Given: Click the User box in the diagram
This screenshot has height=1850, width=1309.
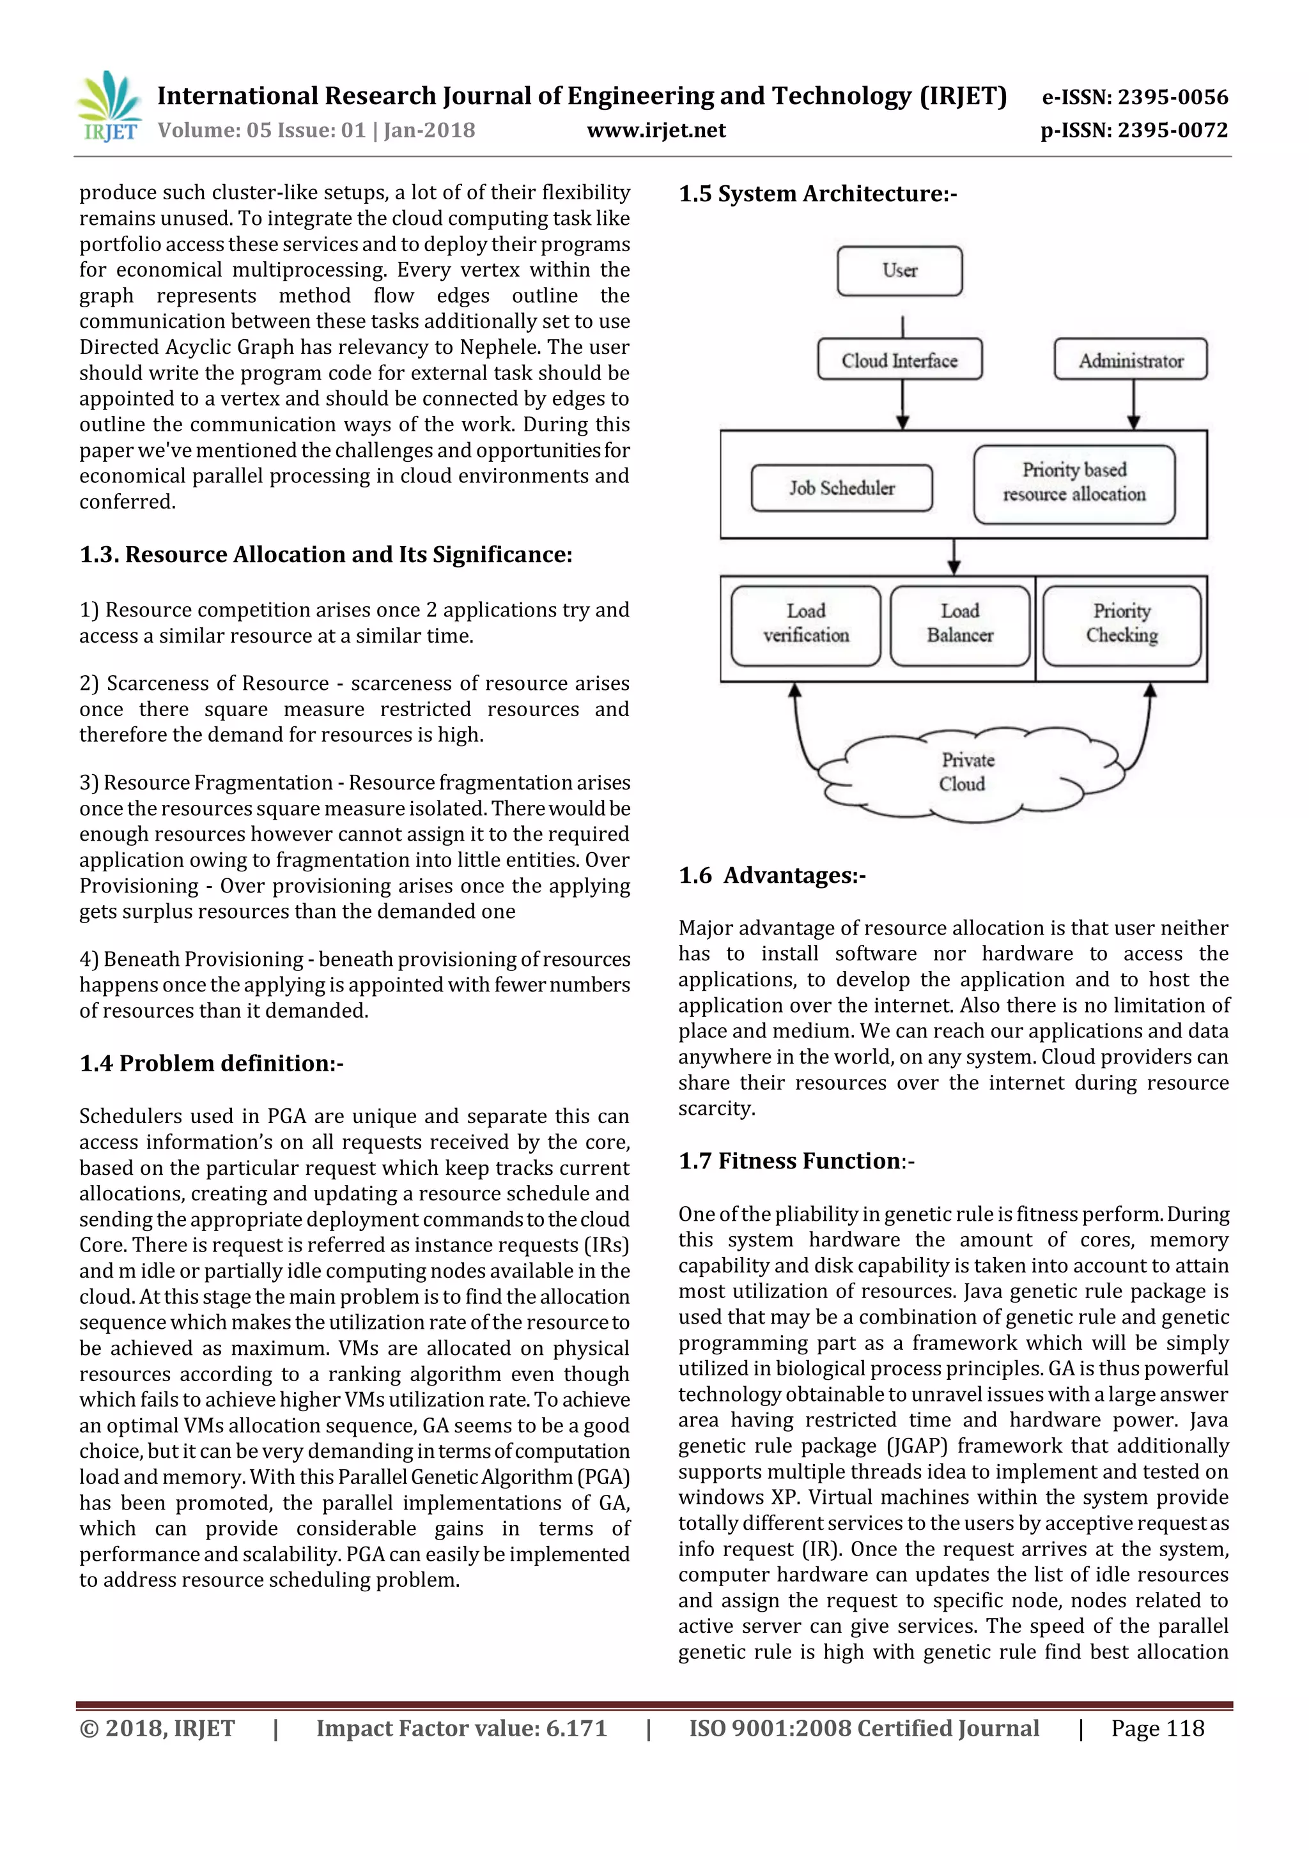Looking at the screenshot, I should (899, 271).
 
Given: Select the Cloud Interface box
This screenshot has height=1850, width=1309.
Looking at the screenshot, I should (899, 360).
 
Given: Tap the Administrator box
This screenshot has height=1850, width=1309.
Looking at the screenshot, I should (1130, 360).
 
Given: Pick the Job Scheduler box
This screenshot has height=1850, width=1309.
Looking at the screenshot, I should (842, 487).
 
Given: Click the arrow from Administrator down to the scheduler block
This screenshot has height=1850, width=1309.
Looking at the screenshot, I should (1133, 403).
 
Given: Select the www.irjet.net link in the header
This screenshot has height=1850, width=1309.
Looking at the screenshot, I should (656, 130).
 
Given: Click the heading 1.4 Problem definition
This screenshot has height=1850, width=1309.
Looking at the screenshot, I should (211, 1063).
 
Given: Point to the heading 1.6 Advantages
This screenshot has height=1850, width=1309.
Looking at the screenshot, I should (771, 875).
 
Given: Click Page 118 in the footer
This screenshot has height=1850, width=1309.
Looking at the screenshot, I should (1157, 1729).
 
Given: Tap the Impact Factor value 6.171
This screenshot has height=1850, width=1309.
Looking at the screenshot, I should (575, 1729).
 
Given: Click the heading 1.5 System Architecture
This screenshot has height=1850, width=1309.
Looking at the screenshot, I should (817, 194).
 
